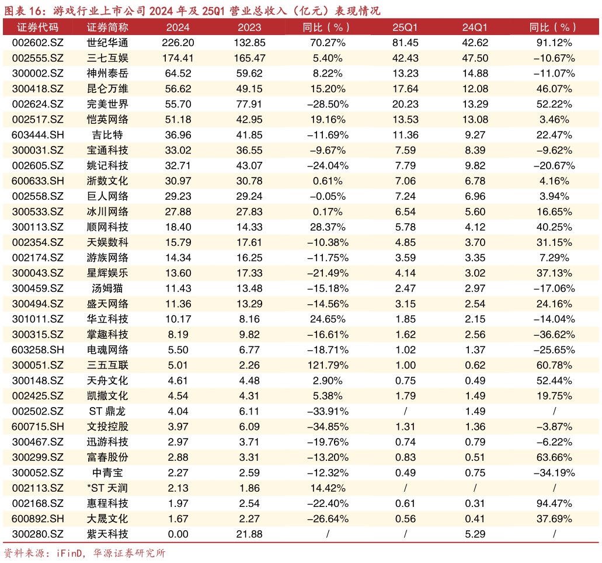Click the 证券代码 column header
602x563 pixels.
[x=37, y=27]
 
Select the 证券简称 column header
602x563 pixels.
[x=107, y=27]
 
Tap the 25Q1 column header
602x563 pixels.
[x=405, y=27]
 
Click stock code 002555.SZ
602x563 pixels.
[x=37, y=58]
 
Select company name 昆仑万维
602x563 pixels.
[x=107, y=89]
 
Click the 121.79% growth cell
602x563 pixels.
[x=327, y=366]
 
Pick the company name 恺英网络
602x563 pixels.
[x=107, y=120]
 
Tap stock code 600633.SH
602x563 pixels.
[x=37, y=181]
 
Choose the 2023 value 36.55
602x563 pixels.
[x=249, y=150]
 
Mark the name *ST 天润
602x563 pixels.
[x=107, y=488]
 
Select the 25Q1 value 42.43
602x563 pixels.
[x=405, y=58]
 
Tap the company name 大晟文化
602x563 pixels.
[x=107, y=519]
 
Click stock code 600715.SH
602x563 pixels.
[x=37, y=426]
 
